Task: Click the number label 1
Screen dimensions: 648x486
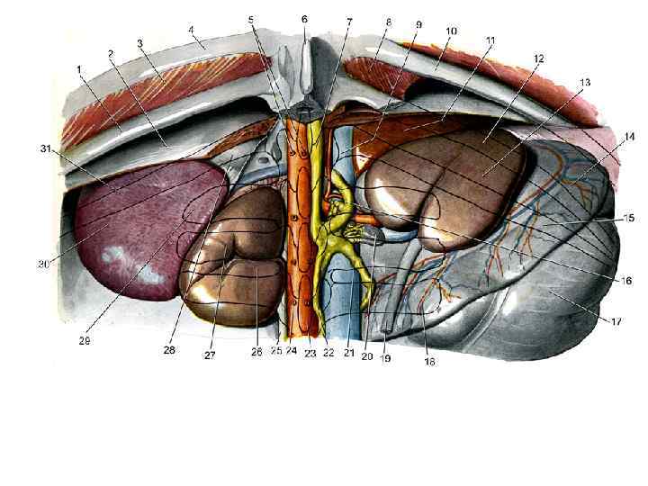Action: click(x=80, y=68)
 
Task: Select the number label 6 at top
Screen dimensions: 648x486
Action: click(x=304, y=18)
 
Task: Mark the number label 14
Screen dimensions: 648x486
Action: click(x=602, y=136)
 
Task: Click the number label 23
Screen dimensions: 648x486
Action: click(x=310, y=353)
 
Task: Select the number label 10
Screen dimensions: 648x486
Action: click(x=451, y=31)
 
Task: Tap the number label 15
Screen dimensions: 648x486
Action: click(x=605, y=217)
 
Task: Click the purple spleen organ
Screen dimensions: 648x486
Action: click(x=144, y=234)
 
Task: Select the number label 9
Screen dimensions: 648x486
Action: click(x=418, y=24)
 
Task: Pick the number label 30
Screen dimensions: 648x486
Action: click(x=42, y=265)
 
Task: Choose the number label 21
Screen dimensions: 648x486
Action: click(x=347, y=354)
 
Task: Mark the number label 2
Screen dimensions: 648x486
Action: click(x=111, y=54)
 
